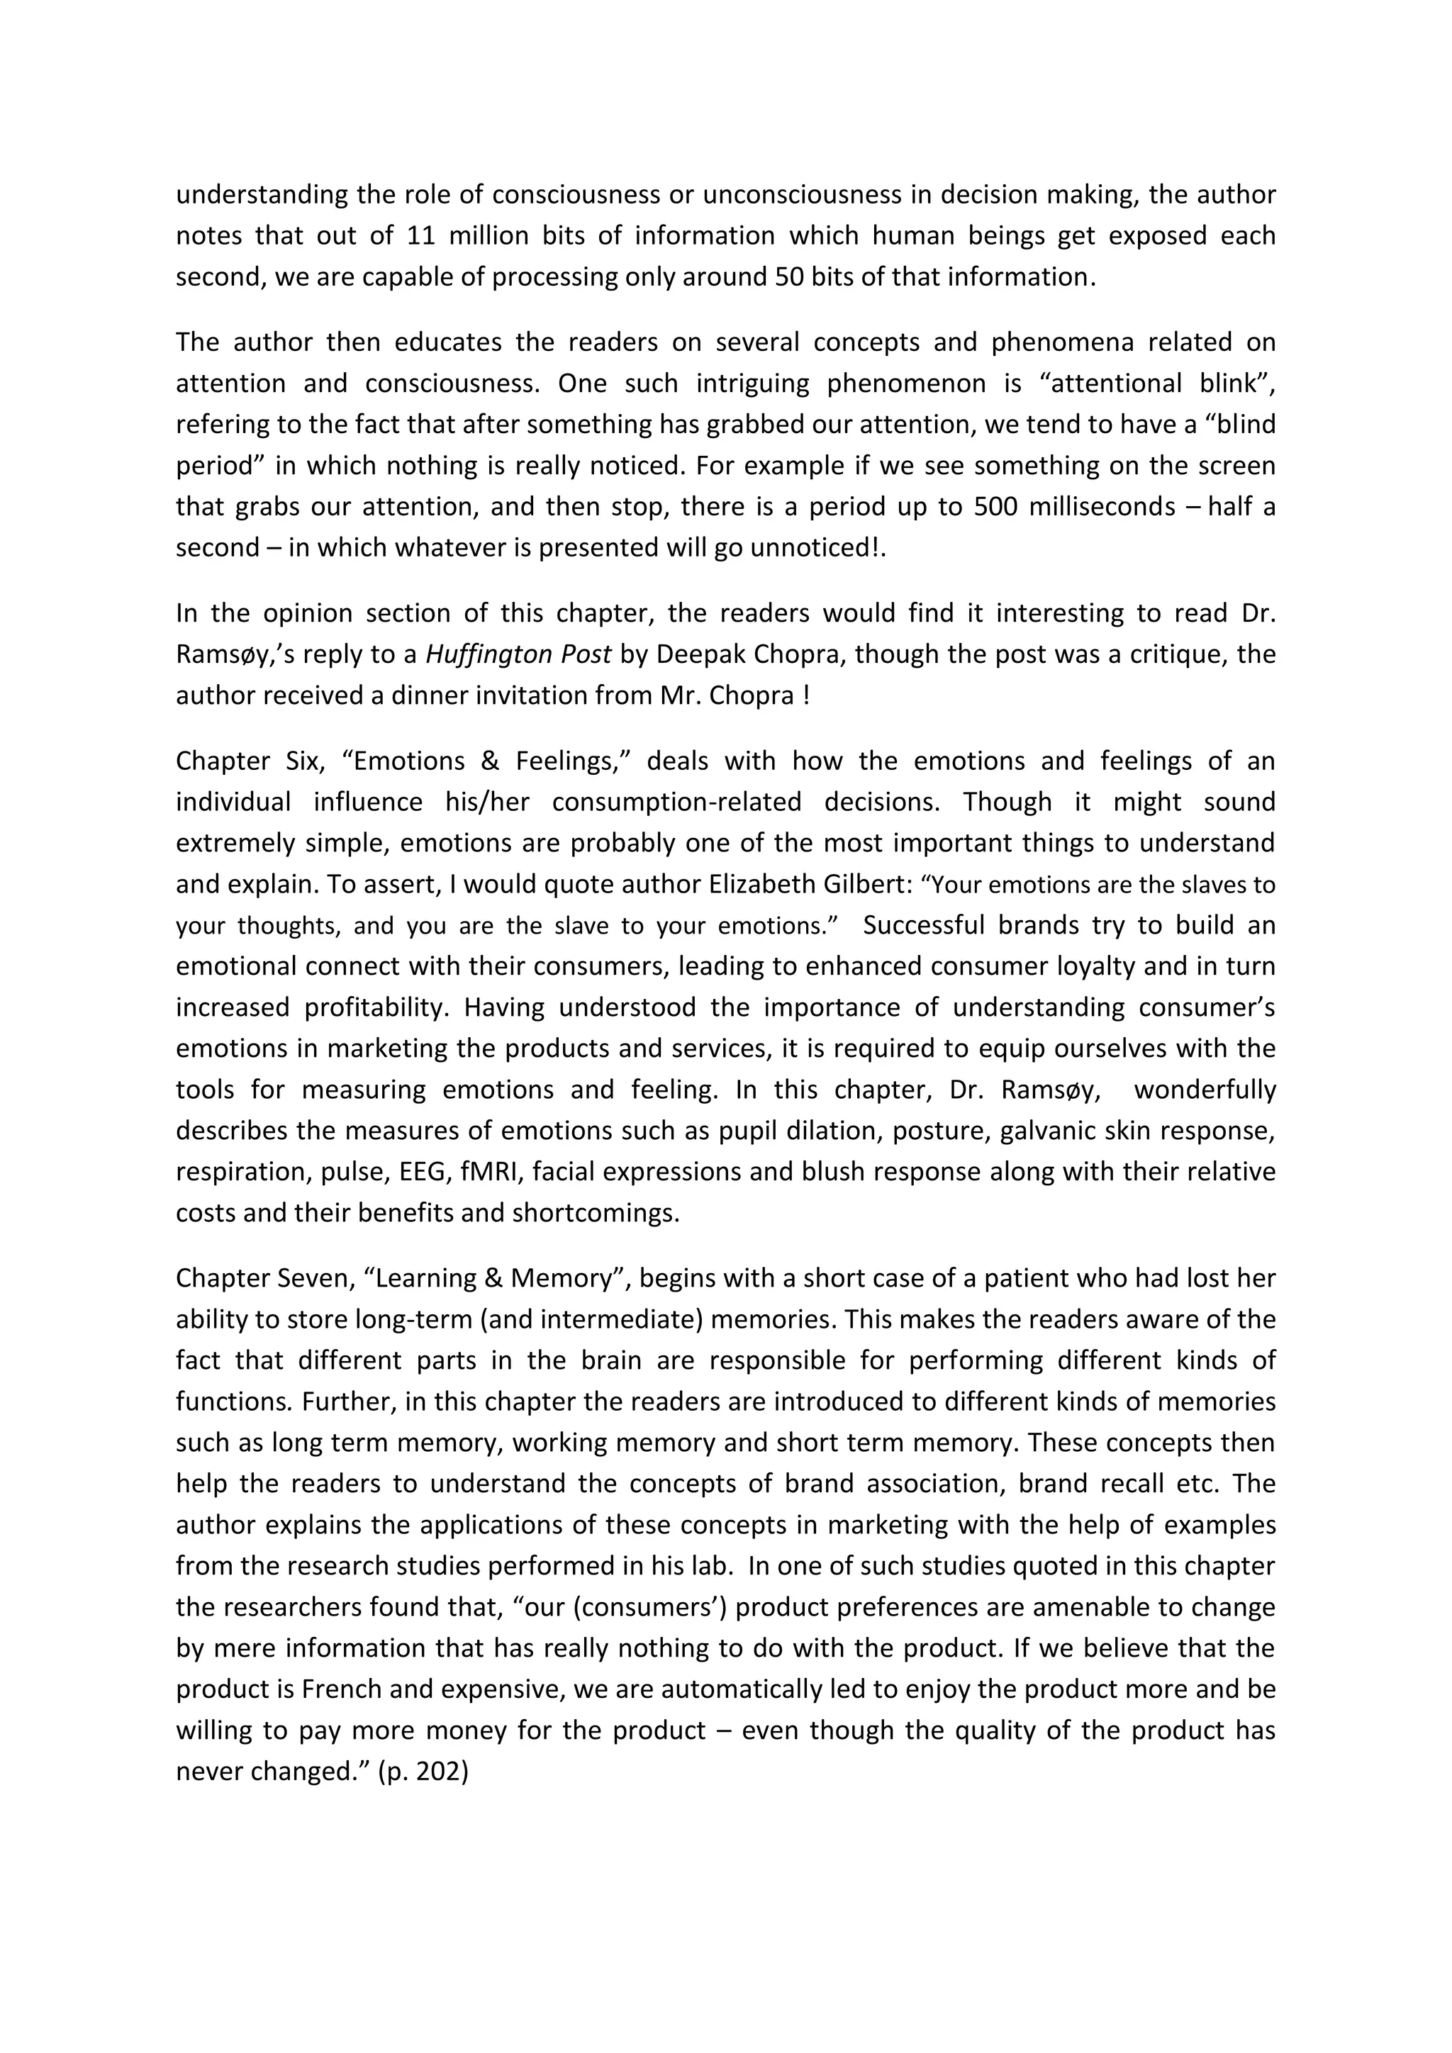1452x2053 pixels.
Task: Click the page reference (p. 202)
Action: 424,1772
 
